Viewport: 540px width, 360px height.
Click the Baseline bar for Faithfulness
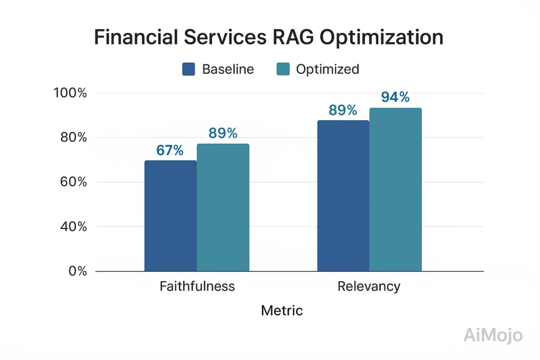pos(170,216)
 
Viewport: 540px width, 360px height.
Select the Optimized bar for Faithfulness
pos(223,208)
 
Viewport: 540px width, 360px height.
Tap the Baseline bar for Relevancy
pos(343,196)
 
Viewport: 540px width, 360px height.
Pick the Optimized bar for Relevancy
pos(396,190)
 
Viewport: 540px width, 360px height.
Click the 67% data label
pos(170,150)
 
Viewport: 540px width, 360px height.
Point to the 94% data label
pos(395,98)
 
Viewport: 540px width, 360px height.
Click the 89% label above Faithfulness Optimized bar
pos(223,133)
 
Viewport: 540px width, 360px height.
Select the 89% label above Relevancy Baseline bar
pos(343,110)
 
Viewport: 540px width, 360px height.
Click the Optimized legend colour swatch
pos(283,69)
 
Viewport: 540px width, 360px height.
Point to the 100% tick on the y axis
pos(70,93)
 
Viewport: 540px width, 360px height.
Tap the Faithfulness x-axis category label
pos(197,287)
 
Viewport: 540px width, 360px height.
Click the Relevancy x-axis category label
pos(369,287)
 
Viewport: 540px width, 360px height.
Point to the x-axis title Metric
pos(282,310)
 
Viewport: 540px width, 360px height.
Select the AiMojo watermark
pos(493,335)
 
